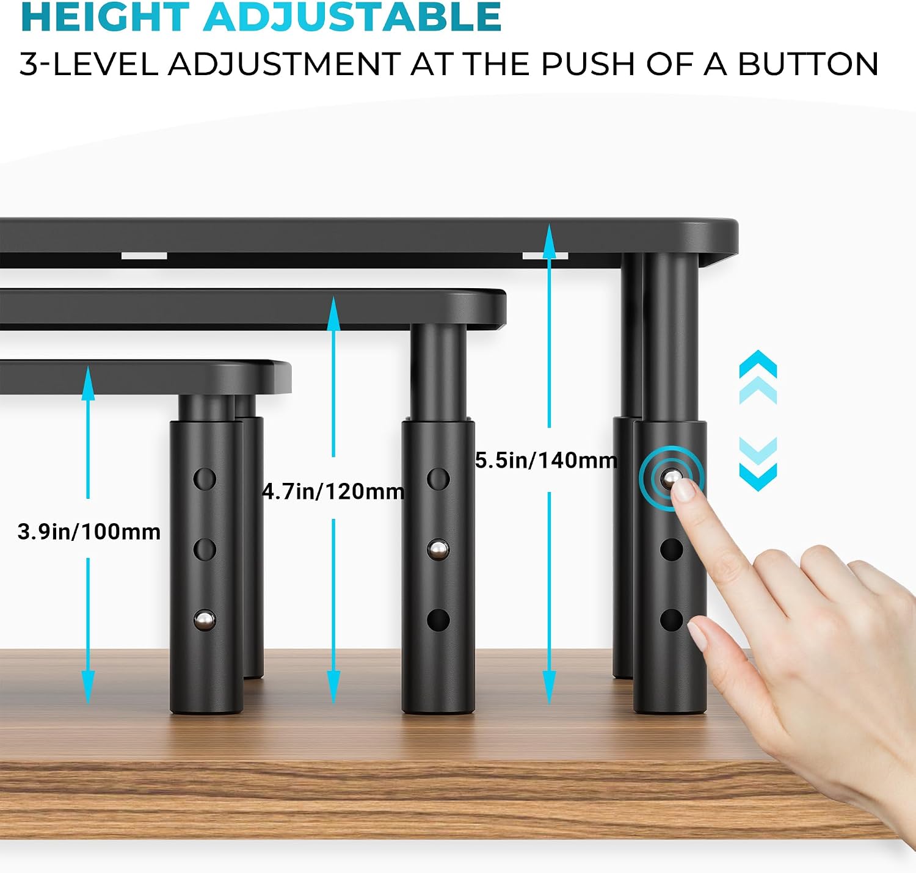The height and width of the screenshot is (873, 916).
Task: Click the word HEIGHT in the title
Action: click(105, 16)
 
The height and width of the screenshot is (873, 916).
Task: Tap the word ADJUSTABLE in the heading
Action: click(353, 16)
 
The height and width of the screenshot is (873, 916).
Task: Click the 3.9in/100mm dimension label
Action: click(89, 532)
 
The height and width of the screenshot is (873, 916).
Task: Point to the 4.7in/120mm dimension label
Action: click(333, 491)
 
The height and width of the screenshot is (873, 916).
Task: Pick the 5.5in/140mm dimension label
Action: click(546, 460)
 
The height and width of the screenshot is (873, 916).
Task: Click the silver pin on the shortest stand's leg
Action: click(205, 620)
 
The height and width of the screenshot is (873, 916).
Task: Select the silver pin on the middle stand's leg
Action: click(438, 549)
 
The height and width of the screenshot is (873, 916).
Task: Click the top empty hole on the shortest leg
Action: click(205, 479)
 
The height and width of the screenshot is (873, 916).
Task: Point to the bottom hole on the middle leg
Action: click(438, 620)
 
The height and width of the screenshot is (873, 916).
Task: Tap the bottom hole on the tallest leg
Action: click(671, 620)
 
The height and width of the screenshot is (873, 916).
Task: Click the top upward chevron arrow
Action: click(758, 364)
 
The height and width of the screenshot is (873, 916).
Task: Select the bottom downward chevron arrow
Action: click(758, 477)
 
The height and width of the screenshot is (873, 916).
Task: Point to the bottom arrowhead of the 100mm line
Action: click(88, 687)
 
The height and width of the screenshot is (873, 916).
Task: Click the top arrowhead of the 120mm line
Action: click(333, 313)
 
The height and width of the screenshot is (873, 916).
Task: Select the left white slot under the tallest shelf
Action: click(144, 256)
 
